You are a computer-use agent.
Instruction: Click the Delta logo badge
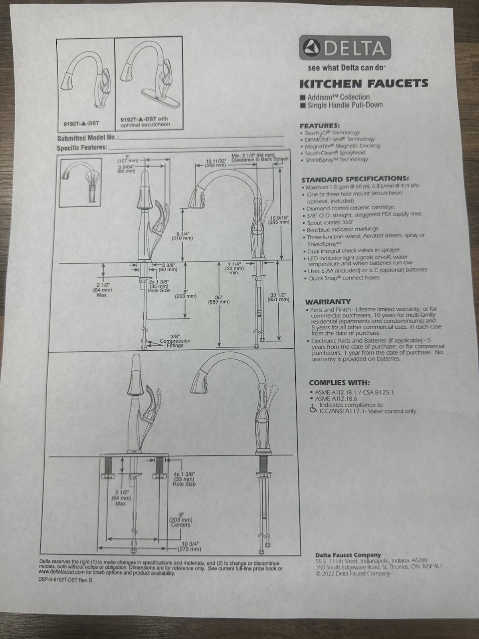(345, 49)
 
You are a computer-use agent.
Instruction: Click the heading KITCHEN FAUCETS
(364, 83)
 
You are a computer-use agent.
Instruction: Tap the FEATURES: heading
(320, 125)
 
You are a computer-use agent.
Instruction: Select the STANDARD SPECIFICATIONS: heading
(355, 179)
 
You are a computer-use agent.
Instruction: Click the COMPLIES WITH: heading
(339, 382)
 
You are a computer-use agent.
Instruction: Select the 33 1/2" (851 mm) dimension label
(279, 297)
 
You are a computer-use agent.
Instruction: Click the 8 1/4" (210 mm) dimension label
(182, 236)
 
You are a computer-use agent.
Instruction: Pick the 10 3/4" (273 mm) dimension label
(190, 546)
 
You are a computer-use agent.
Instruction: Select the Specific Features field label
(82, 148)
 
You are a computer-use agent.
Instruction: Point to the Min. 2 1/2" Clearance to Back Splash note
(259, 157)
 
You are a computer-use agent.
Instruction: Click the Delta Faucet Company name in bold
(348, 554)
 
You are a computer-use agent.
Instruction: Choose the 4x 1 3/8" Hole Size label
(184, 478)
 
